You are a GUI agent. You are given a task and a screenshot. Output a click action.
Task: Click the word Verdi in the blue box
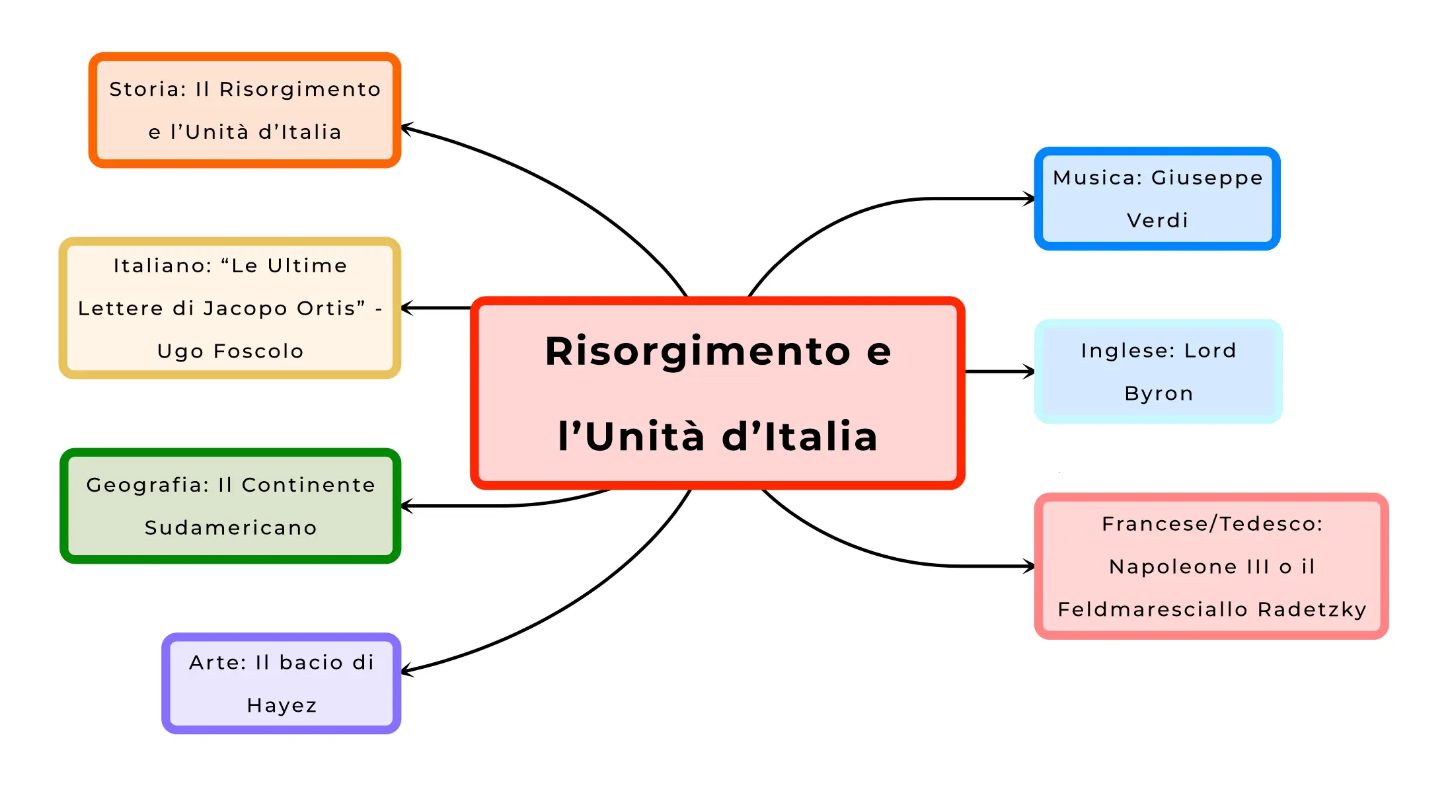point(1157,220)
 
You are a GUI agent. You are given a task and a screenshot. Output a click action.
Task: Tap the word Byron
point(1159,393)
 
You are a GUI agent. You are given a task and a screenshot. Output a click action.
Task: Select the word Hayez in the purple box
point(282,705)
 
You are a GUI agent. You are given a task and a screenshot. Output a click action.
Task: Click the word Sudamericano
point(231,527)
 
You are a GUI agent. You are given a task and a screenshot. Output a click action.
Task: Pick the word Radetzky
point(1312,609)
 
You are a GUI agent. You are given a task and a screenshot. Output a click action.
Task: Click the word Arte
point(214,662)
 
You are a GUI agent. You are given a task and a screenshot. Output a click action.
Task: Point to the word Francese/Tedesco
point(1211,524)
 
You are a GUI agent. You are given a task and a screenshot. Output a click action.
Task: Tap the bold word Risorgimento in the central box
point(697,351)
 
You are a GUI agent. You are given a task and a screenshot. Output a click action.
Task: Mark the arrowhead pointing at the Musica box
point(1030,198)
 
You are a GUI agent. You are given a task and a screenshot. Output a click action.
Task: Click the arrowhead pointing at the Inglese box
point(1030,371)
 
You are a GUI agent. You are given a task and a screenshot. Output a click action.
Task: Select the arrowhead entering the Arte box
point(406,671)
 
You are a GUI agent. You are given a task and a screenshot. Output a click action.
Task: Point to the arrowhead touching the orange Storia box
point(406,128)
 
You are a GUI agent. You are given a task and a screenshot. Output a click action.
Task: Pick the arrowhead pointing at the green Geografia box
point(406,506)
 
